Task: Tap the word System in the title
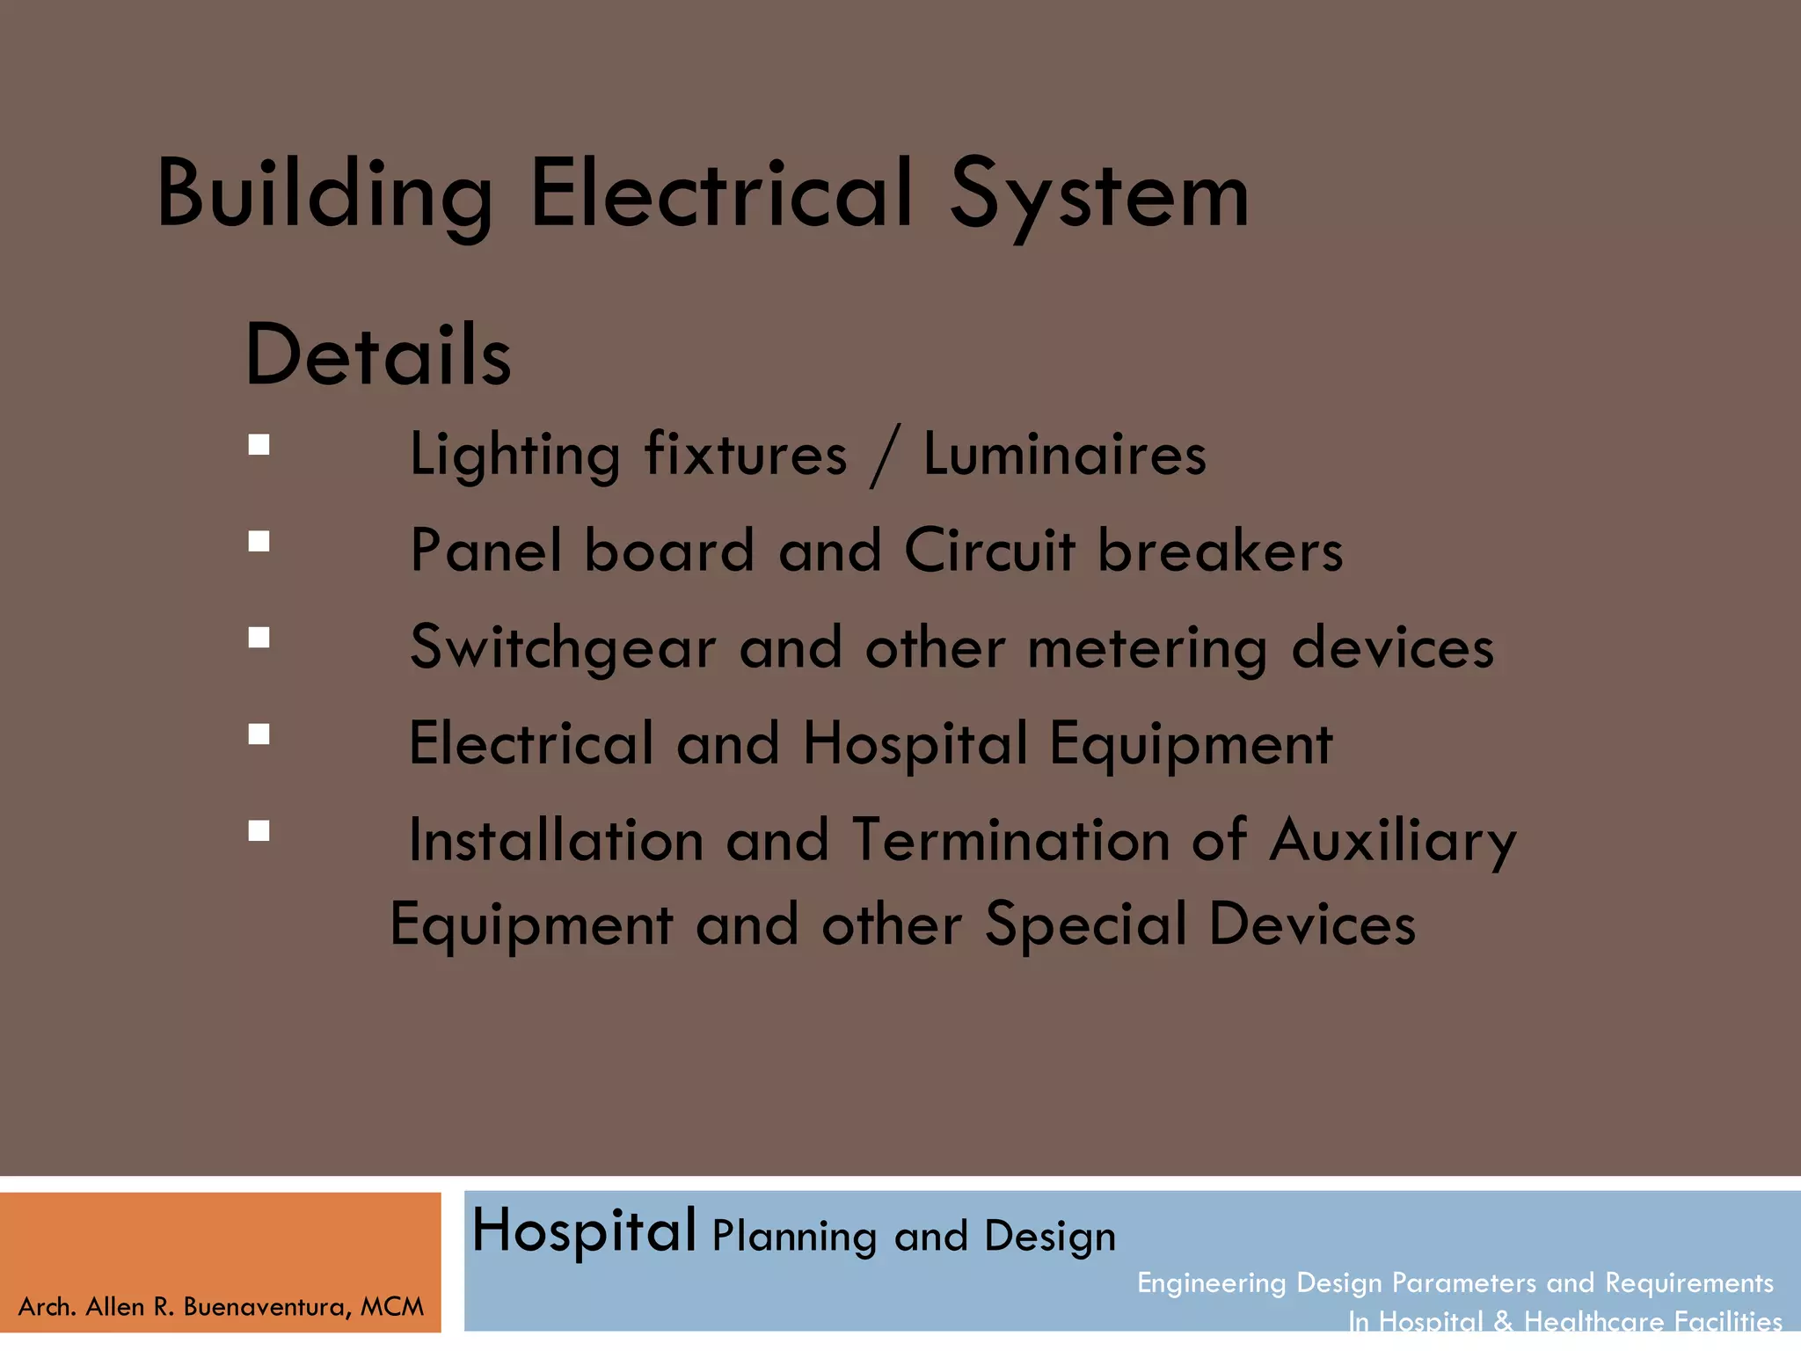[1098, 195]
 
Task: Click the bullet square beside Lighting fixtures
[259, 445]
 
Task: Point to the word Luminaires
[1064, 455]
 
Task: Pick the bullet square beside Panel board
[259, 541]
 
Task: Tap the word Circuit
[989, 551]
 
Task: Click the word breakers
[1220, 551]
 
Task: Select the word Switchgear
[563, 649]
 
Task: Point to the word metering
[1147, 649]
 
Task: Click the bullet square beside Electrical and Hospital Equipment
[259, 734]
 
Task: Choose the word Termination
[1010, 840]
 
